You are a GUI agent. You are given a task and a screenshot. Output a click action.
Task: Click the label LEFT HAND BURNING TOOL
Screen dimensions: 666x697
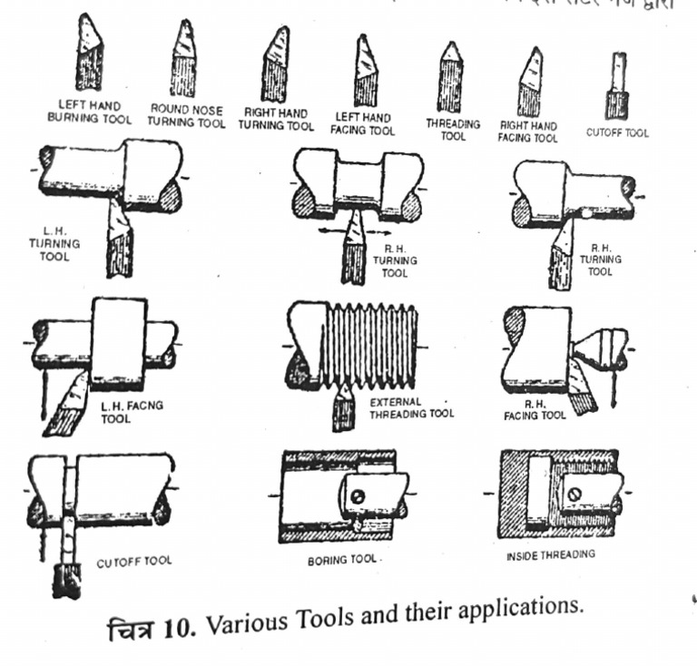88,111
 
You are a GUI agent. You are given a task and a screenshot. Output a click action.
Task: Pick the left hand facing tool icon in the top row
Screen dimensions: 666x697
366,71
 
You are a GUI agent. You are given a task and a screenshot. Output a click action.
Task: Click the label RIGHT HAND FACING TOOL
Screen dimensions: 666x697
528,132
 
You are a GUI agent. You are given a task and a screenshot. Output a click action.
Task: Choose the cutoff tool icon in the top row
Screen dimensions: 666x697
617,86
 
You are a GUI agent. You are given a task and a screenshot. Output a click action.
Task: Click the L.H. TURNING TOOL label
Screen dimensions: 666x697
61,244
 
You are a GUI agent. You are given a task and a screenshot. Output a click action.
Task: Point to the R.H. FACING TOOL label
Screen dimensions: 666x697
535,408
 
